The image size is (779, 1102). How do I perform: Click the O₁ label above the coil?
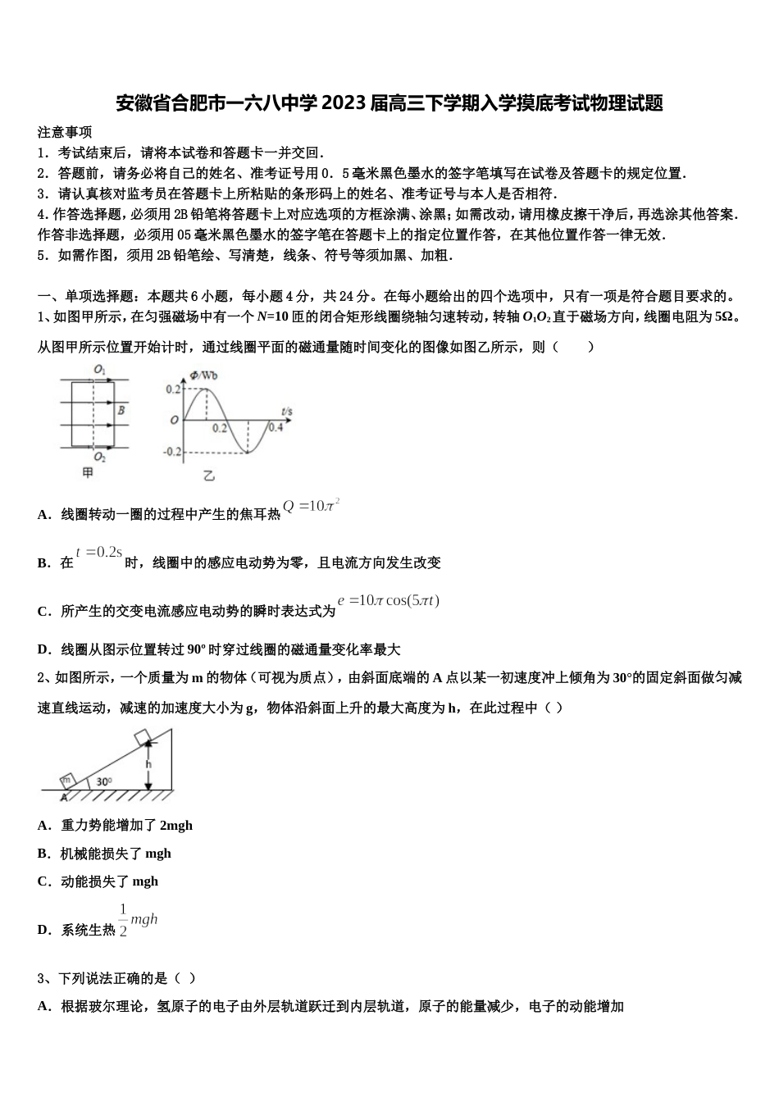(99, 370)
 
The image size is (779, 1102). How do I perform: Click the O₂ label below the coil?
(99, 457)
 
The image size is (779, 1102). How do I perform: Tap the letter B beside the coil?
(121, 410)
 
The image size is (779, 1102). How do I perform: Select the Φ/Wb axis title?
(203, 376)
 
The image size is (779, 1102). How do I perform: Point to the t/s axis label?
(286, 410)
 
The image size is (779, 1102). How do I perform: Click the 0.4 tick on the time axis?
(276, 427)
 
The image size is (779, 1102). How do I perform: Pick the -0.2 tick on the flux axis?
(171, 452)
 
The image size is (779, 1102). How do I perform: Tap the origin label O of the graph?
(174, 421)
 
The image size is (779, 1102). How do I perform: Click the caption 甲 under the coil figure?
(89, 473)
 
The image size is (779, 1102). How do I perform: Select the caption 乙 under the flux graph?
(208, 476)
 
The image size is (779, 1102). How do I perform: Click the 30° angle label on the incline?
(104, 781)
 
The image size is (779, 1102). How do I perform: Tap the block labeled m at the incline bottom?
(68, 780)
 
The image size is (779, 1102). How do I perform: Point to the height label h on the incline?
(148, 764)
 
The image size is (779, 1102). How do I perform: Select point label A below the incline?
(63, 797)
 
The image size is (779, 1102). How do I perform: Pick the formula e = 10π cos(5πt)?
(389, 600)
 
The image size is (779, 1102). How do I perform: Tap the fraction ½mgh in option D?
(138, 920)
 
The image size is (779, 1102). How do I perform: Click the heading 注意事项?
(65, 132)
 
